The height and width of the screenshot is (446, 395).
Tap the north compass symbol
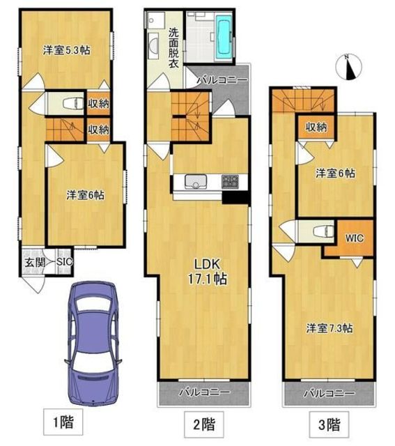[x=348, y=67]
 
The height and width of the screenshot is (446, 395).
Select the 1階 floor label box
[x=63, y=422]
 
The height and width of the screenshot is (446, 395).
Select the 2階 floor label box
[x=204, y=424]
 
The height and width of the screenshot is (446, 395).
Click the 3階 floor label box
[x=329, y=424]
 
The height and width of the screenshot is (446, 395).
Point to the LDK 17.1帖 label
[x=207, y=272]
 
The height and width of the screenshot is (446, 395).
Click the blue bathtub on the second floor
[x=224, y=37]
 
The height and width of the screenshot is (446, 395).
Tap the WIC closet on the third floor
[x=355, y=238]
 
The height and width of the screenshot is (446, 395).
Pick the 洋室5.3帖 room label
[x=67, y=51]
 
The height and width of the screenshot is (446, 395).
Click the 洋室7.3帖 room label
[x=330, y=328]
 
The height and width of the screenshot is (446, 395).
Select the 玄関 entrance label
[x=35, y=262]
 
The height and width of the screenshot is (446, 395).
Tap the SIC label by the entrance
[x=65, y=262]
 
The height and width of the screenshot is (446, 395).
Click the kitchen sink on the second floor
[x=196, y=181]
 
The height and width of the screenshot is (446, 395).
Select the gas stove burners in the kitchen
[x=230, y=181]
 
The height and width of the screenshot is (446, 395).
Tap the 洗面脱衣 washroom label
[x=173, y=47]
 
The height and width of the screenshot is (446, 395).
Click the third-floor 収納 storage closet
[x=316, y=127]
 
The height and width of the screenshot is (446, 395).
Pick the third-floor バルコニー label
[x=330, y=393]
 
